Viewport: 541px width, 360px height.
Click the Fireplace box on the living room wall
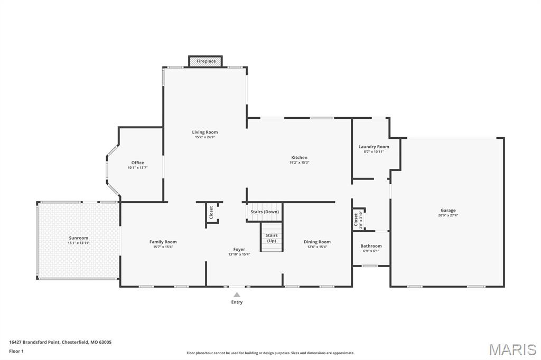click(206, 61)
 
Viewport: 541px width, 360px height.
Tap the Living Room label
click(204, 132)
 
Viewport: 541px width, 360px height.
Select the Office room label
click(137, 163)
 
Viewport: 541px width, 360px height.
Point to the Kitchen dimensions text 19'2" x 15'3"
click(299, 163)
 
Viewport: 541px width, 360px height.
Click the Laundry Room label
click(374, 147)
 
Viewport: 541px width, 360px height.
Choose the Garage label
click(448, 210)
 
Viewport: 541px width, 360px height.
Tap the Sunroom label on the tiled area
click(78, 238)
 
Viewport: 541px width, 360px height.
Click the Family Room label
click(163, 242)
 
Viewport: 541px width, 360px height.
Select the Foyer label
click(239, 249)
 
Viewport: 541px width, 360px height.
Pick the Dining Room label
click(317, 242)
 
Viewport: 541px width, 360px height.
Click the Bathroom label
click(371, 246)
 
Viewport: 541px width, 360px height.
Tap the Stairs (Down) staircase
click(265, 212)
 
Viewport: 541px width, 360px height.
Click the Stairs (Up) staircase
click(271, 238)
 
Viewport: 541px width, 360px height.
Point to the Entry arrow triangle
click(237, 295)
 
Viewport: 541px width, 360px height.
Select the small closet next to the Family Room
click(212, 212)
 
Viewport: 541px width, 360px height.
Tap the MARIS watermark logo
click(512, 349)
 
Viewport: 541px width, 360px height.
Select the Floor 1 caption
click(16, 350)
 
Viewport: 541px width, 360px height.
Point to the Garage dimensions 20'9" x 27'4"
click(448, 215)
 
